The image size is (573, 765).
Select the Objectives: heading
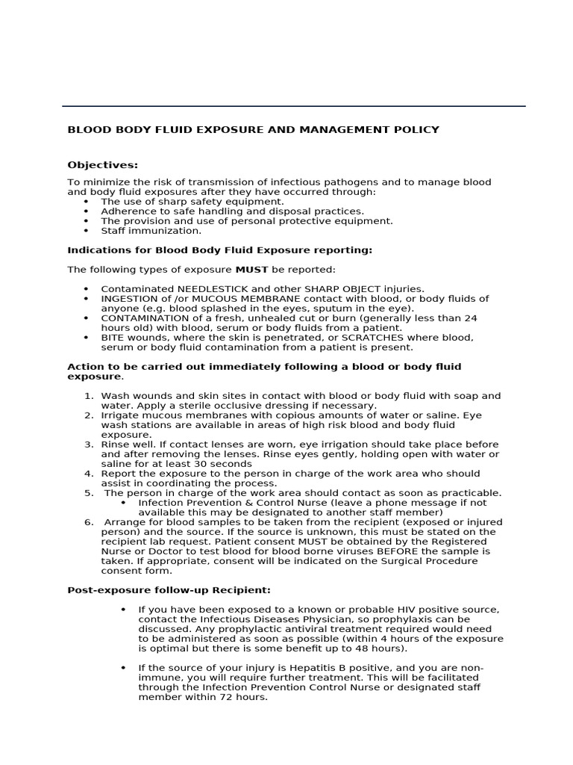coord(103,164)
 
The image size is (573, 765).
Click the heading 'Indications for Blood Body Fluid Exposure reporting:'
coord(219,250)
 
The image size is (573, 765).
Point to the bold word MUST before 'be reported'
coord(252,269)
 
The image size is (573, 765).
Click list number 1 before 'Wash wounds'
coord(89,396)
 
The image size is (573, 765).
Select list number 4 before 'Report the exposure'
coord(89,474)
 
